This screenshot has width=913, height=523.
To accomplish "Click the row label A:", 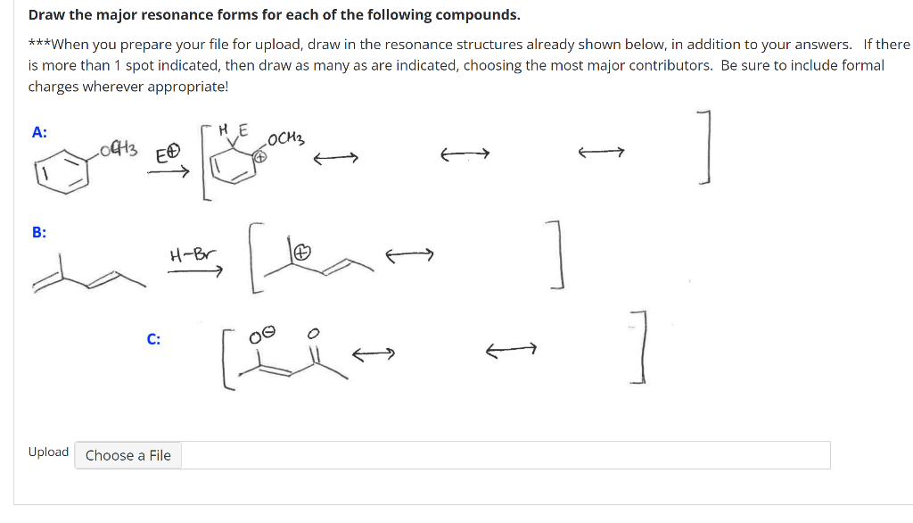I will (39, 132).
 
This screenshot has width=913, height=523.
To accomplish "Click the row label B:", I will (39, 233).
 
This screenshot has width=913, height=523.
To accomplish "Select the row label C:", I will (154, 339).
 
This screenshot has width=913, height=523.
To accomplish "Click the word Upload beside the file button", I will (48, 452).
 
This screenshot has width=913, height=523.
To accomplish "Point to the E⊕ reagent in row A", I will (169, 154).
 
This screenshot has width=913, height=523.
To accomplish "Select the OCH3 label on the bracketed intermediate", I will (285, 139).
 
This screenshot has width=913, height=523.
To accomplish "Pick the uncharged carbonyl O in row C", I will (311, 333).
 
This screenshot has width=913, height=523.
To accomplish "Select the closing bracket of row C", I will (638, 348).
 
